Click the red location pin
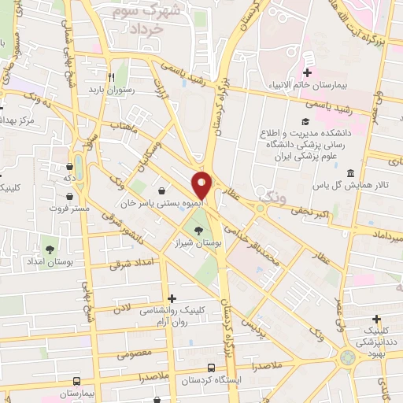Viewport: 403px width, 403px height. click(x=202, y=184)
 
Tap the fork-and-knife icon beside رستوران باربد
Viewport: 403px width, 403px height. click(x=112, y=77)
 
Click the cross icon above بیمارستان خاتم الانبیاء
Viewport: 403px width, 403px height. click(x=307, y=57)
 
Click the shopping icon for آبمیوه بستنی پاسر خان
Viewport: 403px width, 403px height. click(x=161, y=190)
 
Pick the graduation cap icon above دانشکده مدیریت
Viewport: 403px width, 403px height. click(x=305, y=122)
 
